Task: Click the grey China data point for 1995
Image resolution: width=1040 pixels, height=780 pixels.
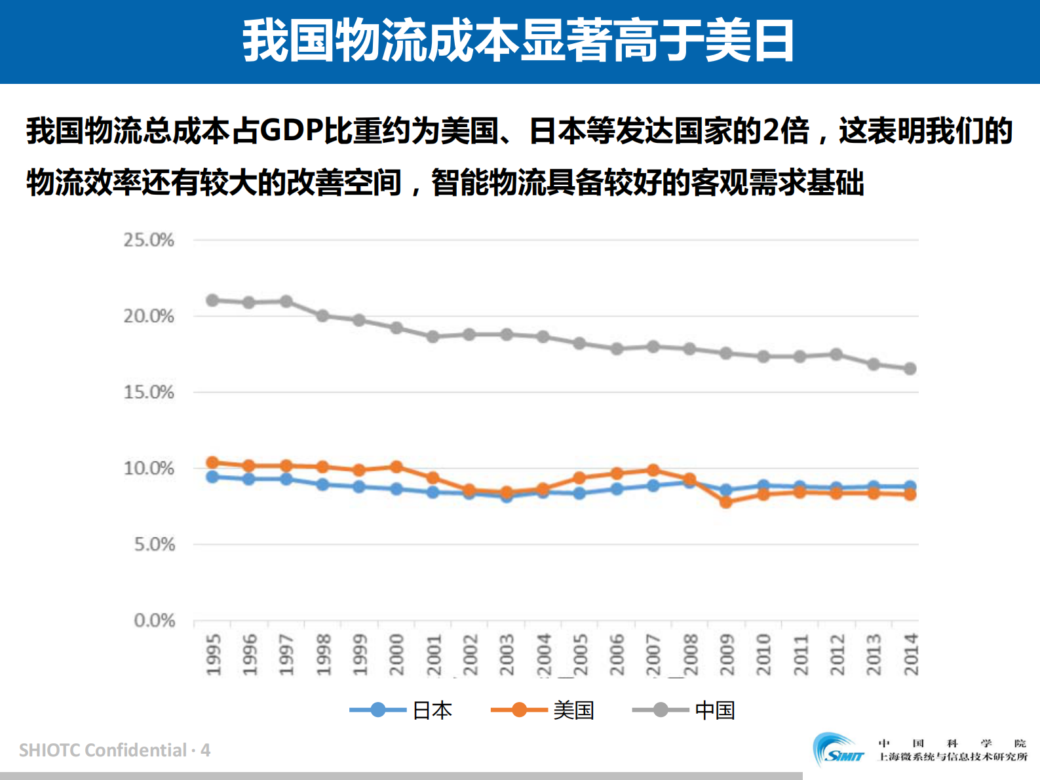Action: point(212,300)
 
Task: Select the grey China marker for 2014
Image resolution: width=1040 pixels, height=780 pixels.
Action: point(910,368)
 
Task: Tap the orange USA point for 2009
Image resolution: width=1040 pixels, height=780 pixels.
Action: point(725,501)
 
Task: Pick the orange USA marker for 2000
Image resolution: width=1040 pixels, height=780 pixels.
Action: point(396,467)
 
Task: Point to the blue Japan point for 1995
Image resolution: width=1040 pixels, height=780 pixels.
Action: point(212,477)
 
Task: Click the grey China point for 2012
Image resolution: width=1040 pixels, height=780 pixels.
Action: point(836,354)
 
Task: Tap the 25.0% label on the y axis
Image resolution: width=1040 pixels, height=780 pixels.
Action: point(149,240)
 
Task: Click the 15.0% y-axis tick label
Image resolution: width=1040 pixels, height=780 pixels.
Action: point(149,392)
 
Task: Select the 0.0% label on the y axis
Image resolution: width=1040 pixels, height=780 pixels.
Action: point(154,620)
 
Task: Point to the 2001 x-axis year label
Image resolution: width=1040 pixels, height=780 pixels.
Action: point(434,654)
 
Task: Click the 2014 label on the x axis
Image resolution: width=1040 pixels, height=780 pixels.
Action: point(911,654)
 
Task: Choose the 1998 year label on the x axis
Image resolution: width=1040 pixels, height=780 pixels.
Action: point(323,654)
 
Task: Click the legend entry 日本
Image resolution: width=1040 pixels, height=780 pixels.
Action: point(432,711)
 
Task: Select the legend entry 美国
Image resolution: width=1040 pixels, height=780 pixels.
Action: point(573,711)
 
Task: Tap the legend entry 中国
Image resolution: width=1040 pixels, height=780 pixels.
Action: point(714,711)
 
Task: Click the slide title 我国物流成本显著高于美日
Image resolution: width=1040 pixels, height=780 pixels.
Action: point(518,41)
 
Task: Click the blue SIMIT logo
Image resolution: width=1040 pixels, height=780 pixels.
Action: point(838,749)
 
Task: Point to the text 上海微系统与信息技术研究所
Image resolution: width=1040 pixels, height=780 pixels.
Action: point(952,757)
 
